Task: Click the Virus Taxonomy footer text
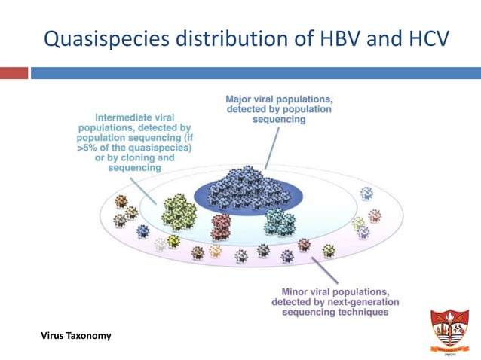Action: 75,335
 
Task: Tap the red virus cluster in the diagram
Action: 220,224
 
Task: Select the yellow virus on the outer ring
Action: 174,241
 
